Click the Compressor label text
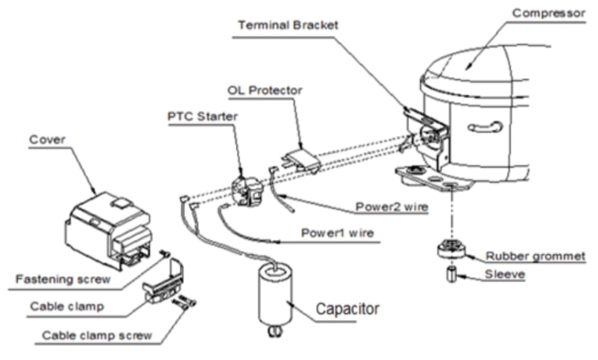click(548, 13)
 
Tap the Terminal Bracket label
click(288, 25)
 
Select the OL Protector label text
click(265, 91)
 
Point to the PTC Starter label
click(202, 117)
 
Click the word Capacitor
click(347, 309)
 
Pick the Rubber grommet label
click(535, 256)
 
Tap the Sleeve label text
click(505, 275)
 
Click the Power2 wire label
click(392, 207)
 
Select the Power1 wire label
click(337, 233)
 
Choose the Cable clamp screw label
click(97, 336)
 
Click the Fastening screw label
click(63, 279)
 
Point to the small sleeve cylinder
click(451, 275)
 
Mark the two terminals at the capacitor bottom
click(274, 332)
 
